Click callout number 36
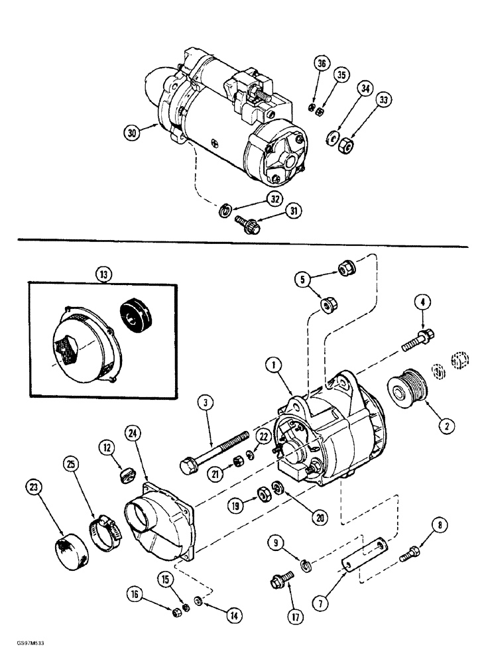[322, 64]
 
